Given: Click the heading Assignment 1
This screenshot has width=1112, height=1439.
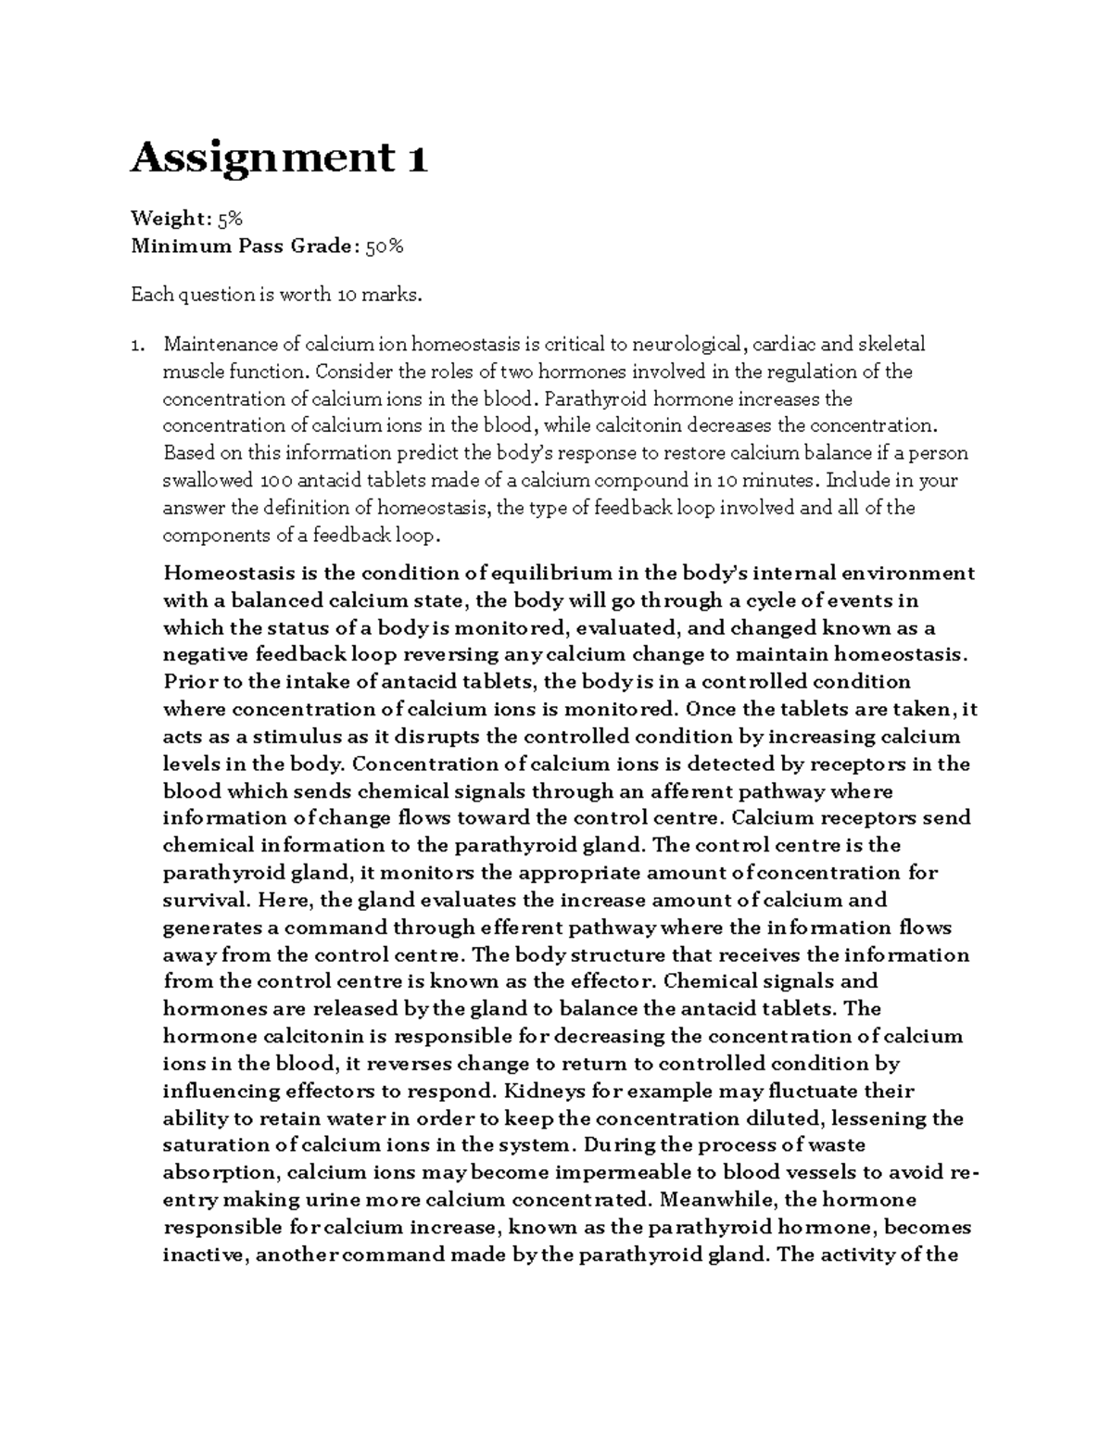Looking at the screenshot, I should tap(279, 159).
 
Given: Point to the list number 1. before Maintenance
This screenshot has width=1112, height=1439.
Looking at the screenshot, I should tap(137, 346).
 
